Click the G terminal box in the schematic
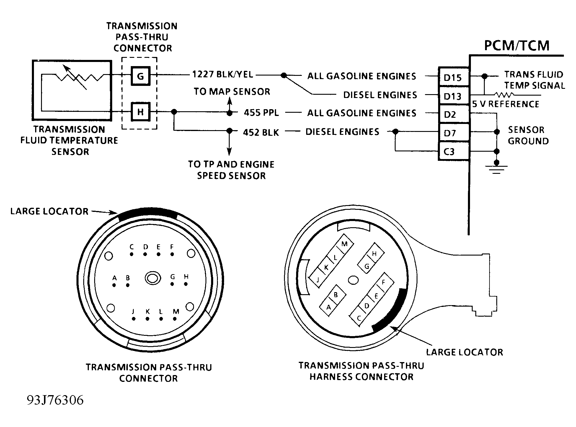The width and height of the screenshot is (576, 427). click(x=141, y=76)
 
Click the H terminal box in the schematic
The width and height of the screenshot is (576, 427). click(x=141, y=112)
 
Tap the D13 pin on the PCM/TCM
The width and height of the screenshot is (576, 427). click(x=453, y=96)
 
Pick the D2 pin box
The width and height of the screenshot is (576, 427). click(x=453, y=114)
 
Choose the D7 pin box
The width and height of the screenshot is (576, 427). click(x=453, y=133)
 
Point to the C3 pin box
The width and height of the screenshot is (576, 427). click(x=453, y=151)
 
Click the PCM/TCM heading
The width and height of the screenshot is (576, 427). click(x=517, y=45)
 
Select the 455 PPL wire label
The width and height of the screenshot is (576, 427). click(x=261, y=113)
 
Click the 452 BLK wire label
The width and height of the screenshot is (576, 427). click(x=261, y=132)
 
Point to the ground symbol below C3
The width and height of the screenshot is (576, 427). click(x=497, y=168)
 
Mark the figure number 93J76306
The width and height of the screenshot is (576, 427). click(x=55, y=400)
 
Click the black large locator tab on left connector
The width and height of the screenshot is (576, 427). click(x=147, y=213)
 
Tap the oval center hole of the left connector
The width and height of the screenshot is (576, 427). click(x=153, y=278)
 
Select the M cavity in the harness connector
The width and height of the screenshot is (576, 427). click(x=344, y=244)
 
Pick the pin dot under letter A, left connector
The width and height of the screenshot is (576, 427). click(x=114, y=285)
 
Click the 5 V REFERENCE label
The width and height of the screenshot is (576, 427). click(x=506, y=104)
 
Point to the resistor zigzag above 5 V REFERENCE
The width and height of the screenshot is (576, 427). click(x=505, y=95)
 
